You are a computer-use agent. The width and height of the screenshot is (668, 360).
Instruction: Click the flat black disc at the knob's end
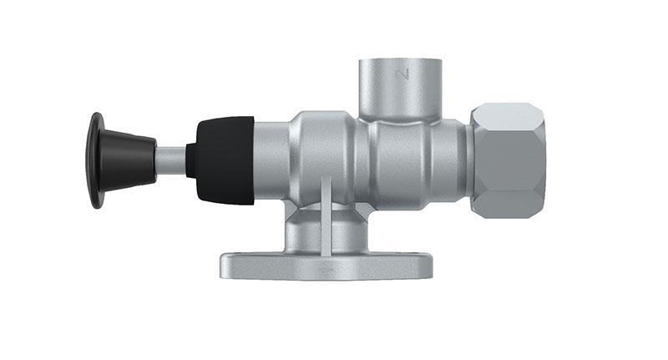[97, 160]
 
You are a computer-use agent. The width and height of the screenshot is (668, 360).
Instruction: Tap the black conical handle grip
[130, 160]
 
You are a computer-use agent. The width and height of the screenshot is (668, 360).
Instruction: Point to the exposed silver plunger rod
[171, 160]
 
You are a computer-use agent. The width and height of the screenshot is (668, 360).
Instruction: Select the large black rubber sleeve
[225, 160]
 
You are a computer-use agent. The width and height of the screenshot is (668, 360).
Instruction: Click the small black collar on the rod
[191, 160]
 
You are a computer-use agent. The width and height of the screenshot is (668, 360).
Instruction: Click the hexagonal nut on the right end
[507, 160]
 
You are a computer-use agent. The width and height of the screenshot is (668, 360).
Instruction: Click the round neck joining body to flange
[309, 230]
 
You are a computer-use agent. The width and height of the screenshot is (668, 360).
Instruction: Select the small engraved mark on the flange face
[326, 270]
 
